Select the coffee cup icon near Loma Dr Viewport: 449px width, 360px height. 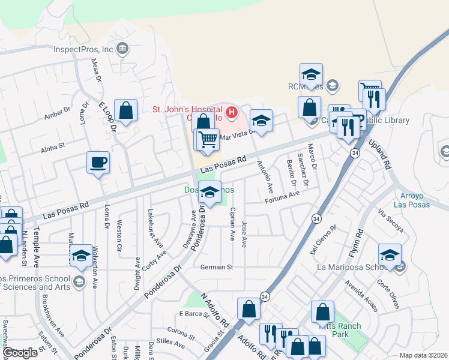click(x=98, y=162)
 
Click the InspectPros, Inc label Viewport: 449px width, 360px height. click(x=83, y=50)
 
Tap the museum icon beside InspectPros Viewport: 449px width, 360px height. click(x=123, y=49)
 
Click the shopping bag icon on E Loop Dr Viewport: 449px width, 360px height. click(x=125, y=111)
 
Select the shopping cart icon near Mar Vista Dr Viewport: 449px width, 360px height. click(x=208, y=139)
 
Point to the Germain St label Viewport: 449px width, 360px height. click(x=216, y=267)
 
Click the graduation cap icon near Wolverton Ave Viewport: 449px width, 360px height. click(x=81, y=256)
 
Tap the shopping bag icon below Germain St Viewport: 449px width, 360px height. click(x=249, y=310)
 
